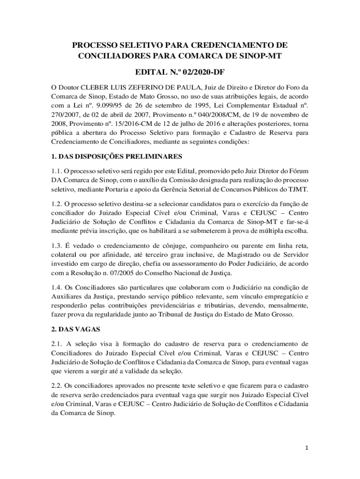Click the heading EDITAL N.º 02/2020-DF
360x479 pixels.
point(180,73)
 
